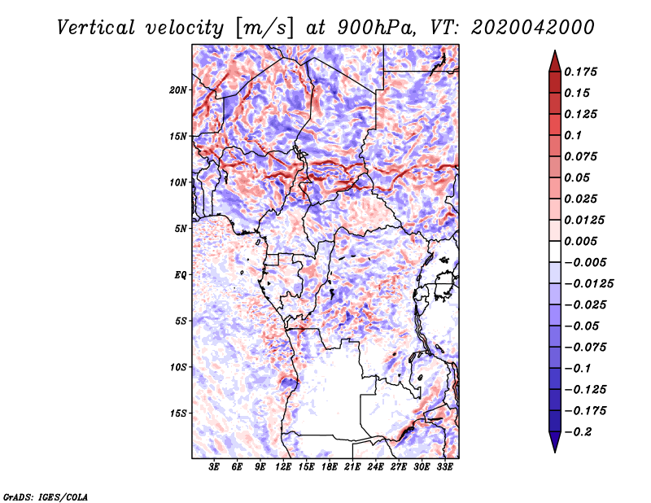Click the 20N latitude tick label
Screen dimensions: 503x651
pyautogui.click(x=179, y=90)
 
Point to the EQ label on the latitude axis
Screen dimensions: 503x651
pyautogui.click(x=181, y=275)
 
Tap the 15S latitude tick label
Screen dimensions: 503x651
pyautogui.click(x=179, y=413)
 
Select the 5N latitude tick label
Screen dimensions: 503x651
pyautogui.click(x=181, y=229)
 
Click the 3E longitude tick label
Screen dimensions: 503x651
pyautogui.click(x=215, y=467)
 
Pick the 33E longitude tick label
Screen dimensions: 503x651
pyautogui.click(x=444, y=467)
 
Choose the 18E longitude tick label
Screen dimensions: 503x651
pyautogui.click(x=330, y=467)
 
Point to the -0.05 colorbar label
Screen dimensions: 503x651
pyautogui.click(x=582, y=326)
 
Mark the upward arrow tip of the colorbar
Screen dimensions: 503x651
pyautogui.click(x=554, y=53)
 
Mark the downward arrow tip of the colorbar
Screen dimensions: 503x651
pyautogui.click(x=554, y=449)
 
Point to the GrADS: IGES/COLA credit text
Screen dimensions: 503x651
pyautogui.click(x=45, y=496)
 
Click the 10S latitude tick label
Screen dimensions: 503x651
pyautogui.click(x=179, y=367)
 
